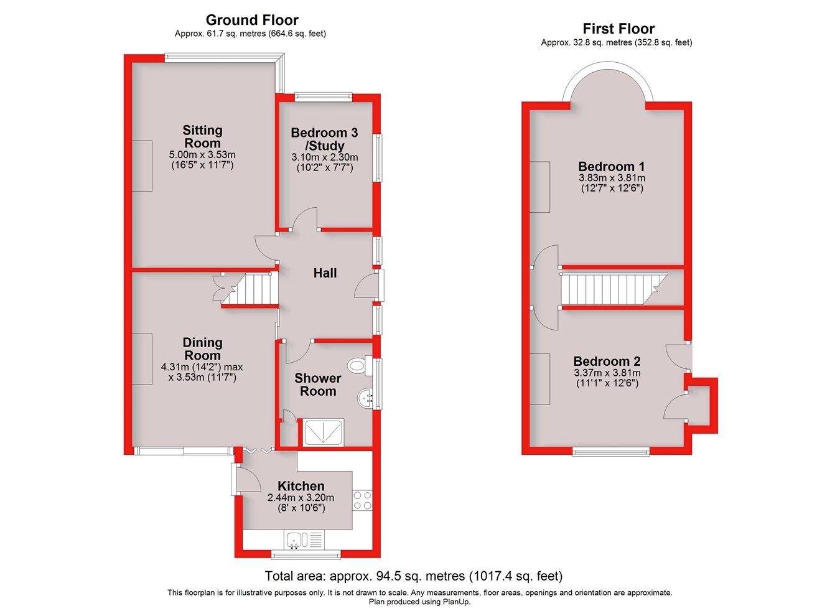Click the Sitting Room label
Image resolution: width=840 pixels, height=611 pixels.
[202, 137]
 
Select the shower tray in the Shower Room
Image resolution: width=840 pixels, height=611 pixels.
[323, 432]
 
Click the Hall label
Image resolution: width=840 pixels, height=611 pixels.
[325, 273]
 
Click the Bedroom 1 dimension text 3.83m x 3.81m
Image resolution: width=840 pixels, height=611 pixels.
[612, 178]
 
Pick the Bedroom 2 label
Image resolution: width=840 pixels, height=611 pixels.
[607, 361]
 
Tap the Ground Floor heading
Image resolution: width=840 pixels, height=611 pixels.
[252, 21]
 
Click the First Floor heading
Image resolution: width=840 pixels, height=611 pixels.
[618, 29]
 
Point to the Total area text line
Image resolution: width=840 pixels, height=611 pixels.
[413, 576]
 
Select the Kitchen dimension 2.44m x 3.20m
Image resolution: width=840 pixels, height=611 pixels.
[301, 498]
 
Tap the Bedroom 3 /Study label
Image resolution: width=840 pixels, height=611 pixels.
[324, 139]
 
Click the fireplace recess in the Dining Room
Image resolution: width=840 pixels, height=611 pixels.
[142, 358]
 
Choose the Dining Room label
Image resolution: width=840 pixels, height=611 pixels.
[202, 349]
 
